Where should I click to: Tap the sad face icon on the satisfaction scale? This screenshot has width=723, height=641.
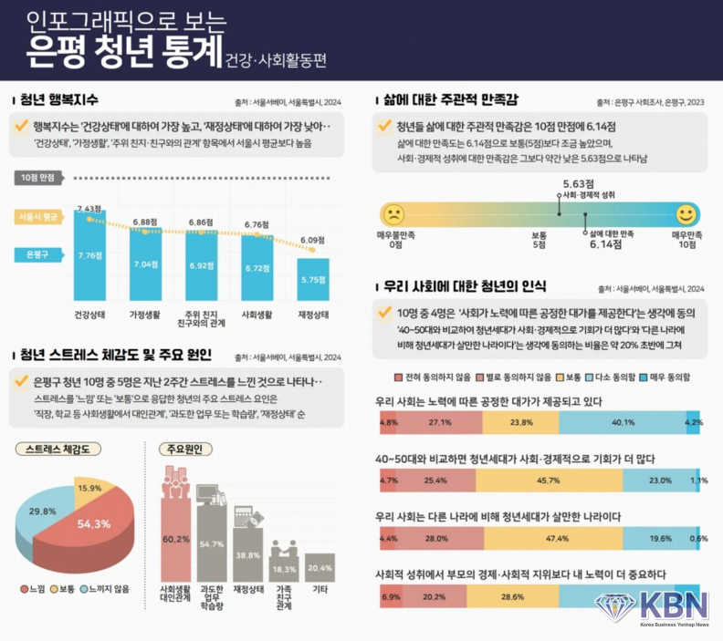pos(394,215)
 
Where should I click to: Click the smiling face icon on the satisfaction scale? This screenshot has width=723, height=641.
pos(686,215)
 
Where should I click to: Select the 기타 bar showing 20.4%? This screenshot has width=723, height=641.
pos(320,574)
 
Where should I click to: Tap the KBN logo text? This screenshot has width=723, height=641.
pos(675,605)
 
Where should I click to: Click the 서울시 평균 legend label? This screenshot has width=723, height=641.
pos(37,216)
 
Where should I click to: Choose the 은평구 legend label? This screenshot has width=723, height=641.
pos(37,254)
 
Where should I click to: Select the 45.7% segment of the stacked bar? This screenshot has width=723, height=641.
pos(547,480)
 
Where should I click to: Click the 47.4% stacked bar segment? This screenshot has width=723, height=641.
pos(555,538)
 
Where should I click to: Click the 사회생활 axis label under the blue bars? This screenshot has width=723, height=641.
pos(257,316)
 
